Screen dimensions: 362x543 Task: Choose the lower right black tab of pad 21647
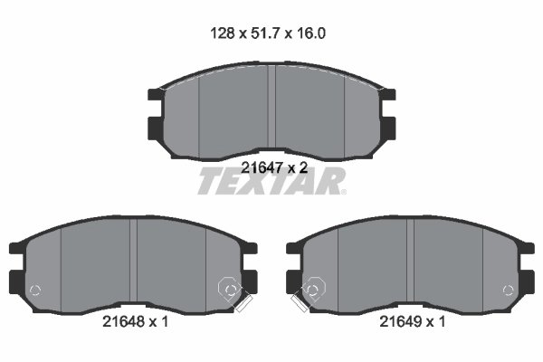click(390, 125)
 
